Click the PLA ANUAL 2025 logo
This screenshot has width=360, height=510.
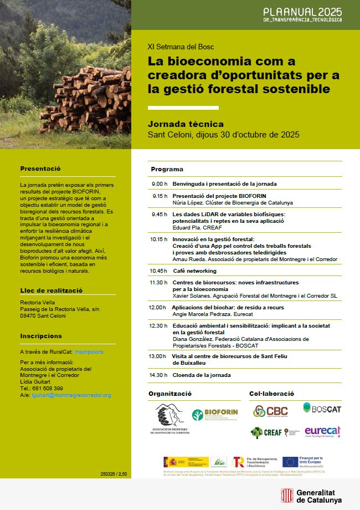302,14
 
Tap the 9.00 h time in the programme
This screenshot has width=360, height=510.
159,183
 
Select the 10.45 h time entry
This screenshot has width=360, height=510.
158,271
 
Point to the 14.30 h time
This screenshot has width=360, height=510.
158,375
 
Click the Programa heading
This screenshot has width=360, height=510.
167,169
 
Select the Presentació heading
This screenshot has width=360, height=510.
40,169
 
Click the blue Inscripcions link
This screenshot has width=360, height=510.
89,352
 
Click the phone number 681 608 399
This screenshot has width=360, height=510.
48,389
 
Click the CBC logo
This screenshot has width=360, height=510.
271,411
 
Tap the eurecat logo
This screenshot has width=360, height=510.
322,432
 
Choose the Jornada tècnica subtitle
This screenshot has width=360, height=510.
186,124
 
